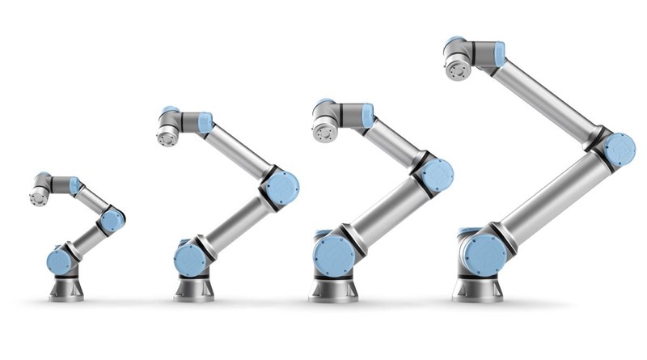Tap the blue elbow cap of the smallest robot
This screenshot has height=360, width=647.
[x=112, y=219]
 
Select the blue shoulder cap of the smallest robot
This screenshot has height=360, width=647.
[x=57, y=261]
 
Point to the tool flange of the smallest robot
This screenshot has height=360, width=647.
[x=36, y=197]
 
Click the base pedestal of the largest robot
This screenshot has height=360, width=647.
[x=477, y=288]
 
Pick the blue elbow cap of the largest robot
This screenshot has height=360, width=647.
[x=620, y=150]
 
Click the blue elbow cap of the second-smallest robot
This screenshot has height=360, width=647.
[x=283, y=188]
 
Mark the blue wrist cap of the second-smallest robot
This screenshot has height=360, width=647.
[x=205, y=123]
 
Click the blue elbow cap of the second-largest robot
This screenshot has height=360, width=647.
[x=437, y=175]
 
